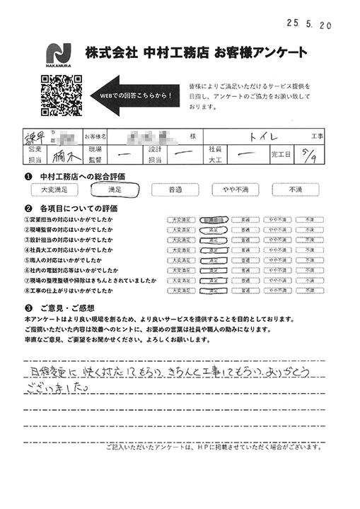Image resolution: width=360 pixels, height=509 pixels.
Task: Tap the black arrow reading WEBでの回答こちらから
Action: click(x=132, y=95)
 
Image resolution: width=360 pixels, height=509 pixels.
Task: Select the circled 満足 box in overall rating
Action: click(x=112, y=189)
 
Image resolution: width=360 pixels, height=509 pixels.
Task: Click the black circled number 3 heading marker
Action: click(x=28, y=308)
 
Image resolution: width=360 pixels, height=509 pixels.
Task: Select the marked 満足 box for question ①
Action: click(x=211, y=220)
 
